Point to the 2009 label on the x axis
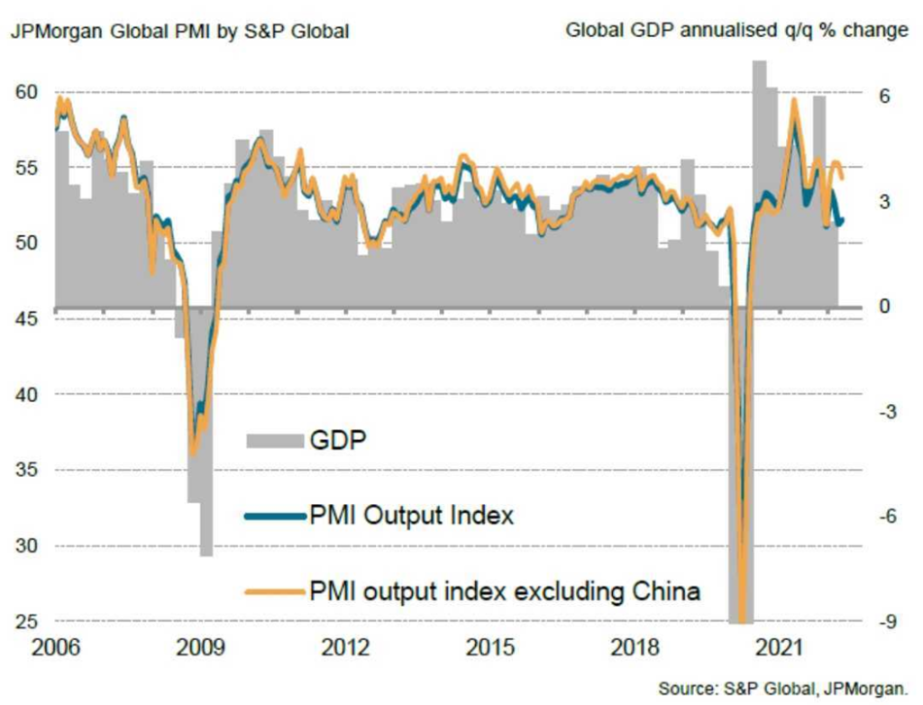[199, 648]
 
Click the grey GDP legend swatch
[273, 440]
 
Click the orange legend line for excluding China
[273, 592]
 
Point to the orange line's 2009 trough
[194, 453]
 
